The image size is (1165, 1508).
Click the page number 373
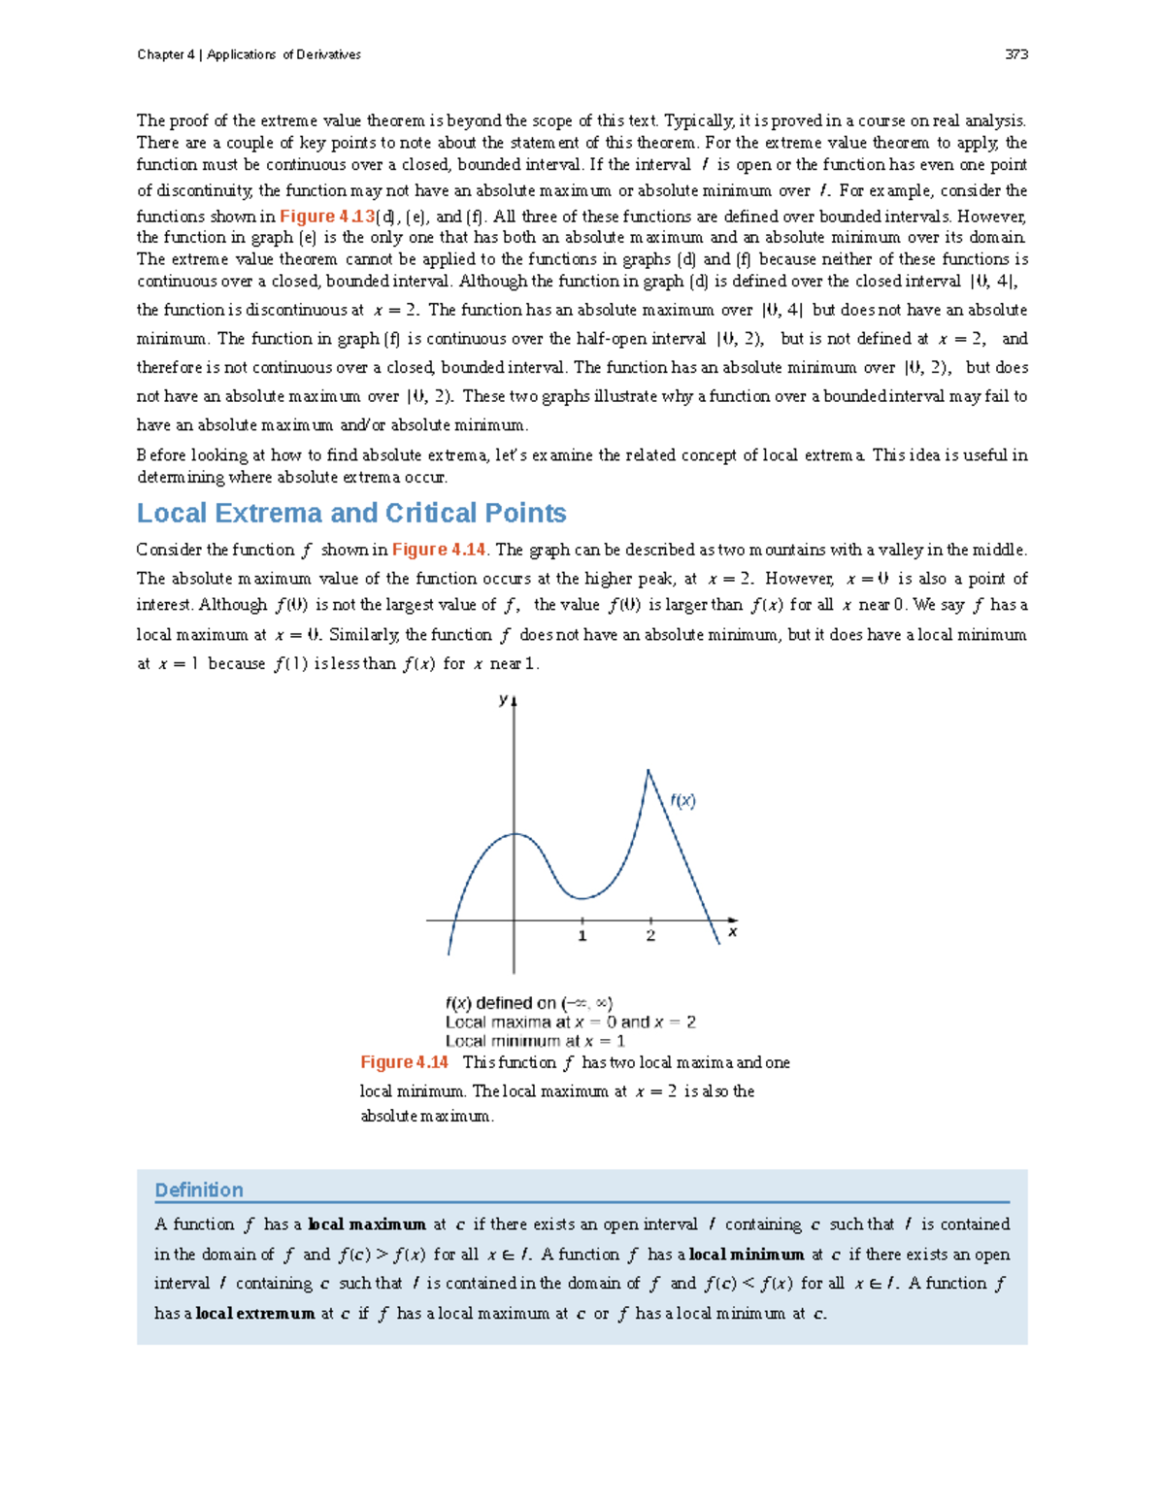coord(1015,54)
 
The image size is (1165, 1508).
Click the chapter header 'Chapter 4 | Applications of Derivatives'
coord(249,54)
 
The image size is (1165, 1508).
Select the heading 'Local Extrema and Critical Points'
coord(351,513)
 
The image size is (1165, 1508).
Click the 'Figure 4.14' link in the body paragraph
coord(438,550)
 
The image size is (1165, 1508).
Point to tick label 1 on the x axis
coord(582,936)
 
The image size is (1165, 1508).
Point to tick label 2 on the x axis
coord(650,936)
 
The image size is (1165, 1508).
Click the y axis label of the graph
coord(503,699)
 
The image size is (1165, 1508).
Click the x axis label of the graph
coord(732,932)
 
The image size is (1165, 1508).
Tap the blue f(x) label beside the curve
coord(682,801)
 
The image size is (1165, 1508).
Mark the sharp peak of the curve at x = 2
coord(649,771)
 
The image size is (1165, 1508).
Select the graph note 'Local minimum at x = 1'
coord(535,1041)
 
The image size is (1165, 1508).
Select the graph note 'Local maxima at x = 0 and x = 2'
coord(570,1022)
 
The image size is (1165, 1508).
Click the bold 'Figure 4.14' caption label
coord(404,1062)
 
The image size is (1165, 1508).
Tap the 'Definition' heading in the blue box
coord(199,1190)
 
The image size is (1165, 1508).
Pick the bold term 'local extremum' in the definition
coord(255,1314)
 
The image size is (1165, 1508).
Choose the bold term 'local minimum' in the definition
coord(747,1255)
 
